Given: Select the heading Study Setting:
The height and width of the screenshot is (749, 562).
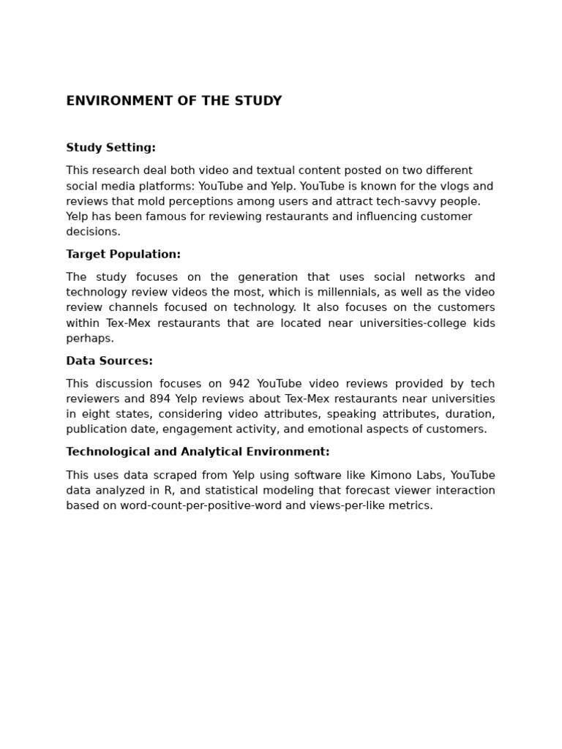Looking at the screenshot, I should [x=110, y=148].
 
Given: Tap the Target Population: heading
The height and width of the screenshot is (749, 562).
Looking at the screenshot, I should [x=123, y=255].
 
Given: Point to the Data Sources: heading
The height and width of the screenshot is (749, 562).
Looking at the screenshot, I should [x=109, y=361].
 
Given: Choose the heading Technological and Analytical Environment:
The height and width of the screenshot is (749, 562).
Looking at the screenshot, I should [x=198, y=452].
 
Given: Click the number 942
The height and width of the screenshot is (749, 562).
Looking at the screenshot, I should [x=239, y=384].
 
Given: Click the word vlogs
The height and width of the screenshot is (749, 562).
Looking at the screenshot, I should [x=454, y=187].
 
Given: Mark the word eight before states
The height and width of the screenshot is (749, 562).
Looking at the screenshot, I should [x=94, y=415].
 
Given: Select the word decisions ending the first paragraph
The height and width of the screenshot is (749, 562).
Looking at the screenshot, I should [x=92, y=232].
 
